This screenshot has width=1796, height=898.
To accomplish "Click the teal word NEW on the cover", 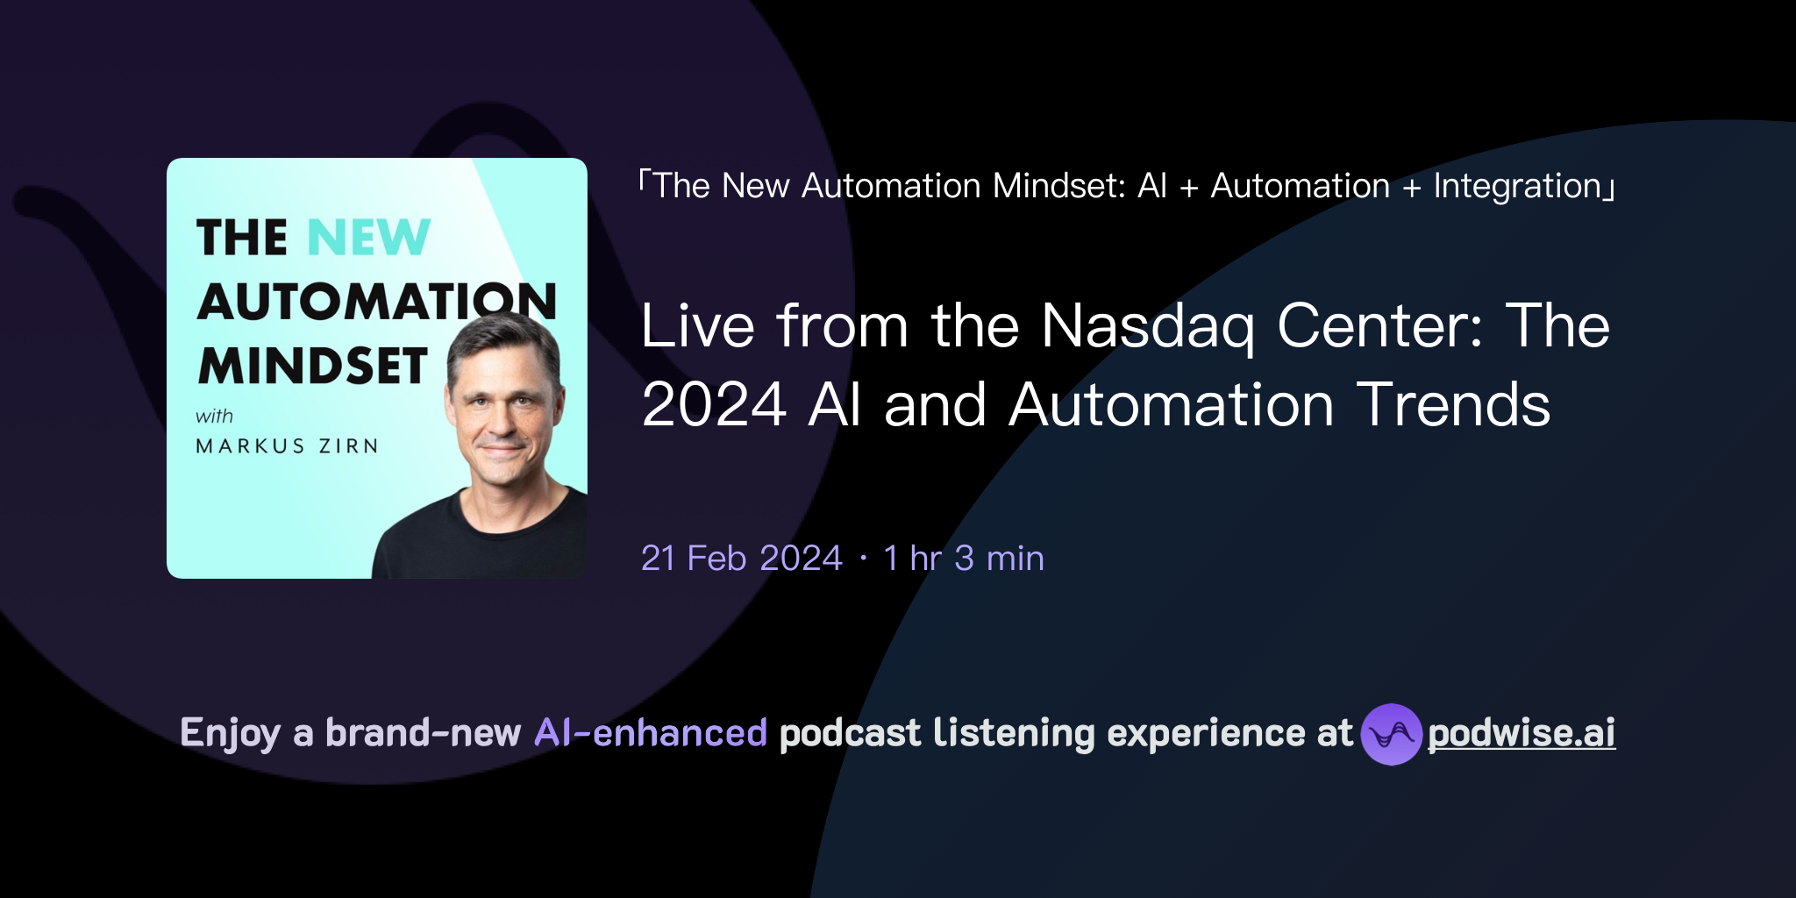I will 369,238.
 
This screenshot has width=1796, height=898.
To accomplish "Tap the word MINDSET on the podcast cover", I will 313,367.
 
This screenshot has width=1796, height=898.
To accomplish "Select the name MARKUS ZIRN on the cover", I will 287,446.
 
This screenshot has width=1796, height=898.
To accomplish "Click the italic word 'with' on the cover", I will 214,417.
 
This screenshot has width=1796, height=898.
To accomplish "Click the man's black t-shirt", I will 474,544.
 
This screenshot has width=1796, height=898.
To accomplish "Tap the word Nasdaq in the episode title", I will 1148,327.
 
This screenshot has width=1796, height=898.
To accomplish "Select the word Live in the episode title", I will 697,326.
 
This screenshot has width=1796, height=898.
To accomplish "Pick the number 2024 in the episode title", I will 714,405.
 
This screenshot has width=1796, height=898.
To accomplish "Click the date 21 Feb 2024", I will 741,559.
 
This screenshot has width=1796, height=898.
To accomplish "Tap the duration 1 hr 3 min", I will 963,559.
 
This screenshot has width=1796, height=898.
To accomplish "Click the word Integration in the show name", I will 1517,187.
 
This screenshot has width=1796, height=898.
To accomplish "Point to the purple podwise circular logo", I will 1391,734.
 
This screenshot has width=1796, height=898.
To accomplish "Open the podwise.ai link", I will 1522,733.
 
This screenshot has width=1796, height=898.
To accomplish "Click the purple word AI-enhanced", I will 651,733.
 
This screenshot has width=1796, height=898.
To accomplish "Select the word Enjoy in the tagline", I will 230,733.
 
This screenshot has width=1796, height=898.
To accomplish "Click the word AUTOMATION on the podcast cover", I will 377,303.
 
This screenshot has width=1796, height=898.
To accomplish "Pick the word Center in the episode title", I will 1379,326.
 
